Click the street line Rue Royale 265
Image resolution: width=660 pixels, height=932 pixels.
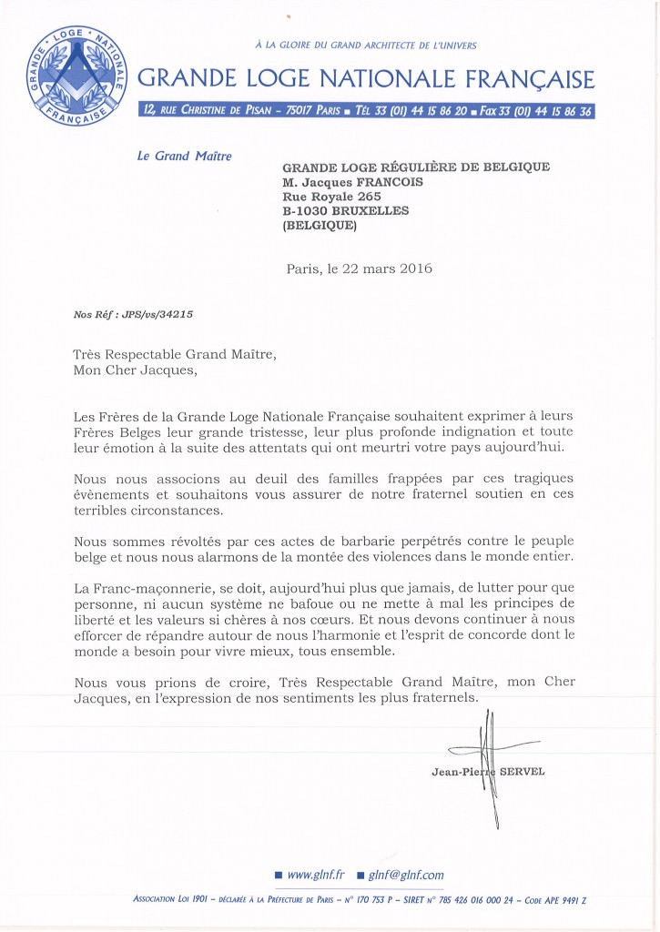(x=331, y=196)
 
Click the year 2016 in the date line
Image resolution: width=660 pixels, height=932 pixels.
(x=413, y=268)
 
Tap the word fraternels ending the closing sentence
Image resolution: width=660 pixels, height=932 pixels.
(x=437, y=697)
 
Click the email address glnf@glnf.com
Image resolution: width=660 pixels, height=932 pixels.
(x=406, y=875)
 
